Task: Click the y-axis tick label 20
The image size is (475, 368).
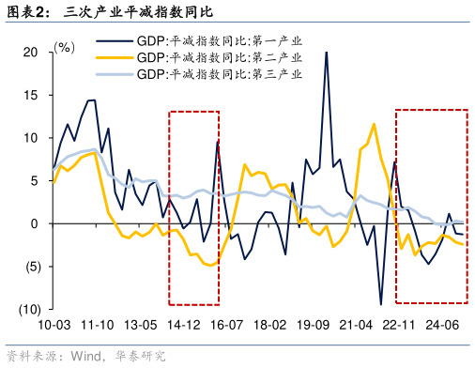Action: (x=31, y=53)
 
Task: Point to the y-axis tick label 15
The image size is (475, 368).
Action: (x=31, y=95)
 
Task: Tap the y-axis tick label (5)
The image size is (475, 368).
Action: (x=29, y=267)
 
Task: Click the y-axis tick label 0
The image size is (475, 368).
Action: (x=35, y=223)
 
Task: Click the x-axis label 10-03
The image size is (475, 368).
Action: (x=53, y=325)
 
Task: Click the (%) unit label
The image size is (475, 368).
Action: (x=65, y=46)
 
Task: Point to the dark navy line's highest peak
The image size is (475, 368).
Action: (x=327, y=53)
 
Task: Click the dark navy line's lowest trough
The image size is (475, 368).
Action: (x=380, y=304)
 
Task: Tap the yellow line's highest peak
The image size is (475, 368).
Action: (x=374, y=123)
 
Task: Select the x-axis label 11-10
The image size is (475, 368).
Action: (x=98, y=325)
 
